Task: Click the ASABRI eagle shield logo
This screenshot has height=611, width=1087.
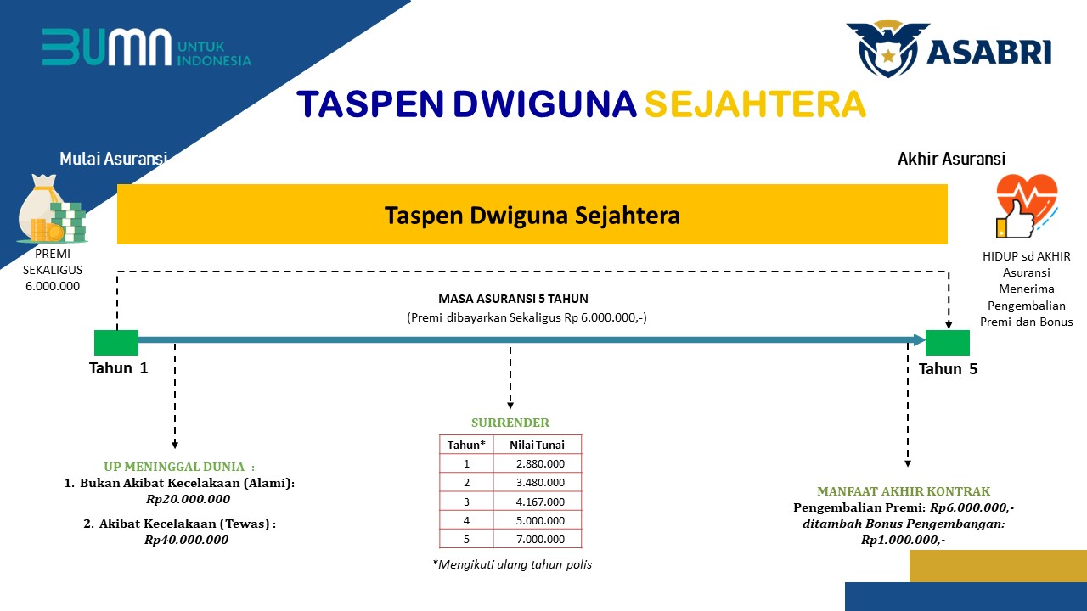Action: pos(888,48)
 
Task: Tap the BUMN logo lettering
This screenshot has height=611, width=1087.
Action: pos(107,47)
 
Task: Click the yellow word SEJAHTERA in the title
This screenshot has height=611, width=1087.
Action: pos(755,104)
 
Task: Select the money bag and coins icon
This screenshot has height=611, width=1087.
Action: pos(53,209)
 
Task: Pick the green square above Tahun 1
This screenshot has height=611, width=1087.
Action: pos(116,343)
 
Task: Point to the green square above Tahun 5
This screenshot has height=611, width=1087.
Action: pos(947,343)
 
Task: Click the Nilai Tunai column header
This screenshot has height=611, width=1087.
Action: pos(537,446)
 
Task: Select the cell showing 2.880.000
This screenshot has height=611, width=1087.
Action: pos(540,464)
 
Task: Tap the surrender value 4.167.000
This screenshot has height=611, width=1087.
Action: pos(540,502)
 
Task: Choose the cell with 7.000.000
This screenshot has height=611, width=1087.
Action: pos(540,539)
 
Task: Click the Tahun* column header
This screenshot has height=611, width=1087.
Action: pos(466,446)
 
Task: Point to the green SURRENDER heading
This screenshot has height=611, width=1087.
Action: pos(510,423)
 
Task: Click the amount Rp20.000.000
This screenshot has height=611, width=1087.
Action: pos(189,499)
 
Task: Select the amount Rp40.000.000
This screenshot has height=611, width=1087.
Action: pos(186,540)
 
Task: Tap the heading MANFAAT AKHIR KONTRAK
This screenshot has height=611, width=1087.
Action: pos(904,491)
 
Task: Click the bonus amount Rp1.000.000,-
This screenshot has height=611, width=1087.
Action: pos(903,540)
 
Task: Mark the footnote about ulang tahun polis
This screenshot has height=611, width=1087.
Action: pos(512,564)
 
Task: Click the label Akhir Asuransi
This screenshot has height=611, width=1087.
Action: pos(952,159)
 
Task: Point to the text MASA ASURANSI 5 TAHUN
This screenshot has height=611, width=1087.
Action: pos(514,299)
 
